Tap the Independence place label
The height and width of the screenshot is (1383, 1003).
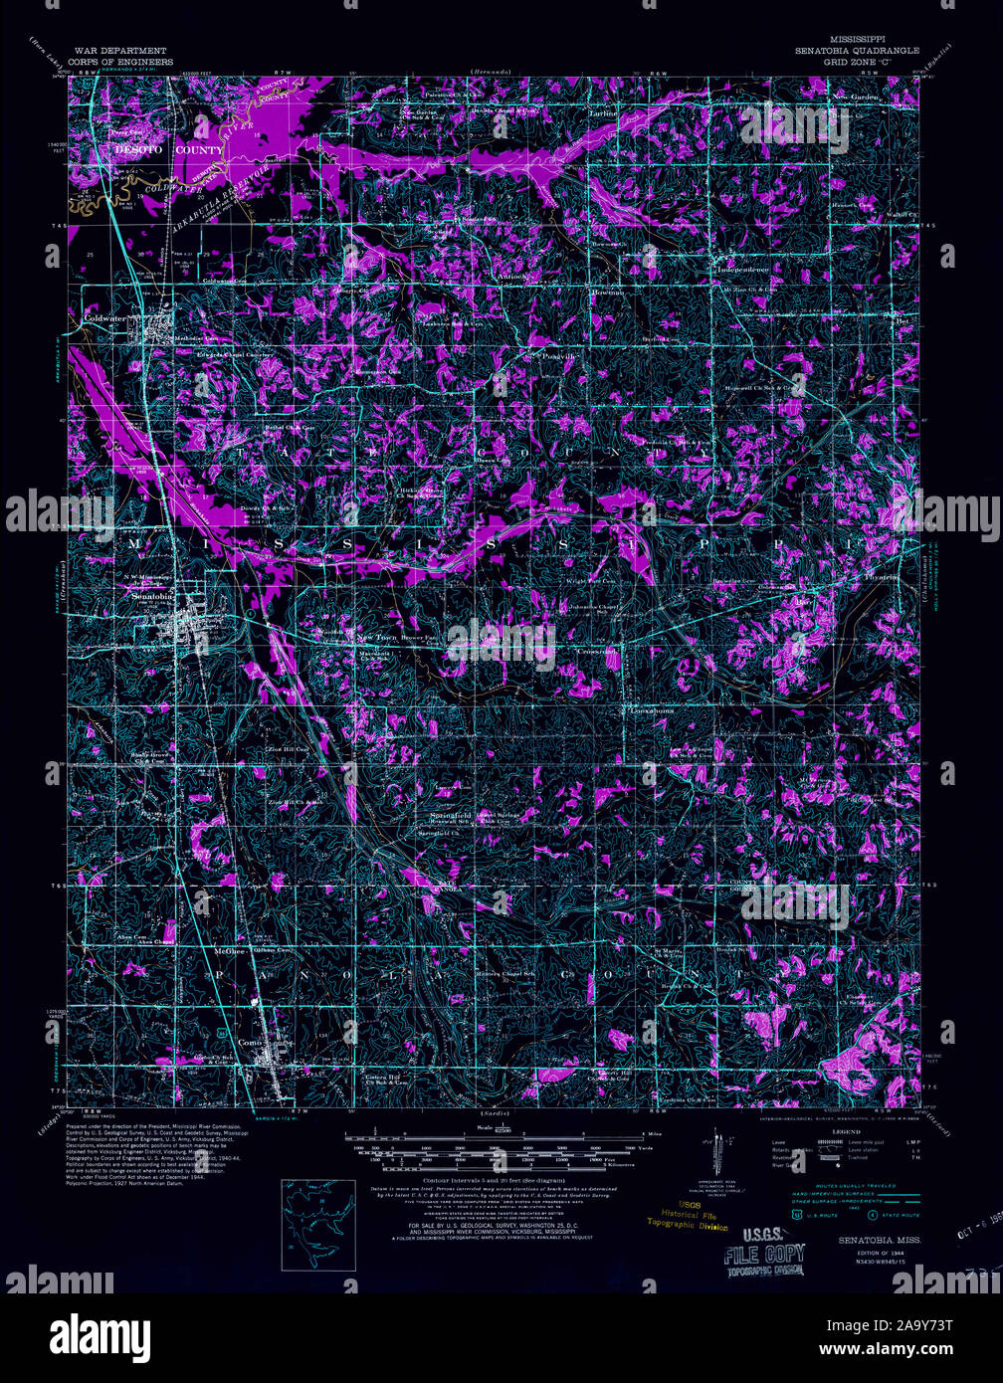tap(742, 270)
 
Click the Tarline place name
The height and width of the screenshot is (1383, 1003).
tap(602, 114)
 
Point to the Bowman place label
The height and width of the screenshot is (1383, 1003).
tap(606, 293)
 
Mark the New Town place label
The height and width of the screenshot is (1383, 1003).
tap(377, 637)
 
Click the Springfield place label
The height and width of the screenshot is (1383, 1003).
tap(450, 814)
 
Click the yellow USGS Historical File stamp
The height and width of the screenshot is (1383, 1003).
tap(688, 1215)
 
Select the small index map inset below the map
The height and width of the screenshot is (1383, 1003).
tap(318, 1224)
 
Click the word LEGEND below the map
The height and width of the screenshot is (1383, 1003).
tap(846, 1132)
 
